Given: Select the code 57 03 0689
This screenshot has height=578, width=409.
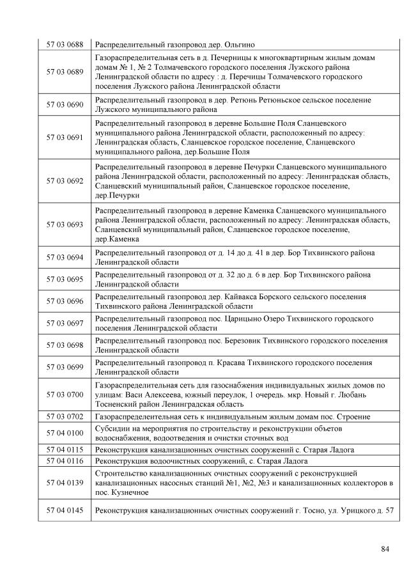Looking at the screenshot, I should point(65,72).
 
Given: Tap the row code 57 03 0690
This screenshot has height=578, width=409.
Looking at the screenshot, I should point(65,104).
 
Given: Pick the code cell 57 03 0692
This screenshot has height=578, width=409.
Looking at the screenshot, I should point(65,181).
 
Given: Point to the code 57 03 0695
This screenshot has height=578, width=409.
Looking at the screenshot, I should point(65,279).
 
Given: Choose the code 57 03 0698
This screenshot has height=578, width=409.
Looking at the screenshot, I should point(65,345).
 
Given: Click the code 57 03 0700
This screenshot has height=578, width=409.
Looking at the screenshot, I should point(65,394).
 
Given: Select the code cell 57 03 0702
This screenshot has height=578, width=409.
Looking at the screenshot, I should point(65,416).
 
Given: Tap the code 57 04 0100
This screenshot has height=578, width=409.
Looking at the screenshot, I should point(65,433).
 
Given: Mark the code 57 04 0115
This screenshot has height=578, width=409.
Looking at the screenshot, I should point(65,449).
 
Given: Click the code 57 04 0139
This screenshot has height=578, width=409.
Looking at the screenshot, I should point(65,482).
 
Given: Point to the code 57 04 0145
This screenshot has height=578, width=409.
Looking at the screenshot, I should point(65,510).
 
